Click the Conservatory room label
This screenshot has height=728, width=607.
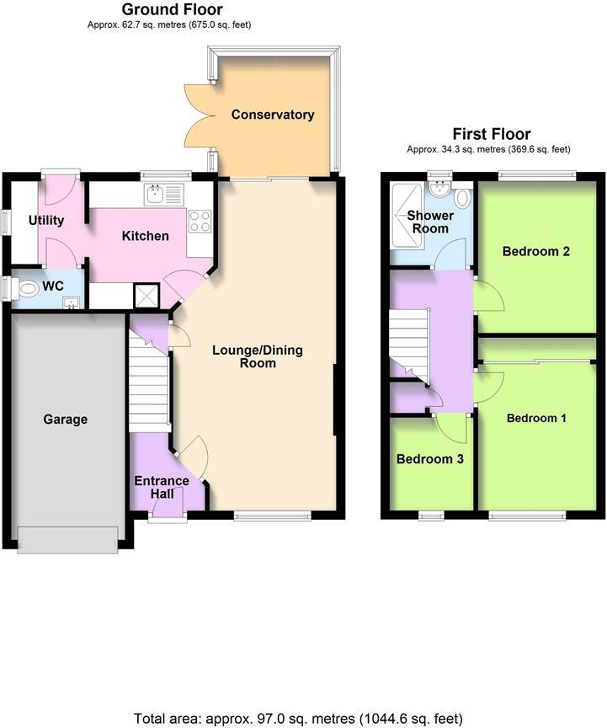(273, 115)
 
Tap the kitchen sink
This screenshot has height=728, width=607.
(155, 195)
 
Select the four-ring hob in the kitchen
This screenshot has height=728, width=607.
(200, 221)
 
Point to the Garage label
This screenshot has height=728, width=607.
(65, 419)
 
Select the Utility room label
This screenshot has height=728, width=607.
(46, 221)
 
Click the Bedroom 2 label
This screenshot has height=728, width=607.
(531, 250)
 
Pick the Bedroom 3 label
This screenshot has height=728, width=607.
(430, 459)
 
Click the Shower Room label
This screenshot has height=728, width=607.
(430, 222)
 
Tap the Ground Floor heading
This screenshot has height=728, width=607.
(172, 10)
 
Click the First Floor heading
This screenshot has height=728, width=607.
(492, 134)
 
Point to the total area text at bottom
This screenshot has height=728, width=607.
(299, 719)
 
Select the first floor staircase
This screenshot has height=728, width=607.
(408, 341)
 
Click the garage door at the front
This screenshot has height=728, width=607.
(67, 539)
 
